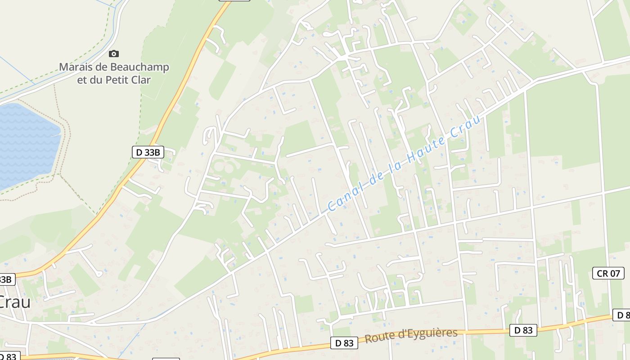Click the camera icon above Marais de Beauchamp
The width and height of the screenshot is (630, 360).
pos(114,54)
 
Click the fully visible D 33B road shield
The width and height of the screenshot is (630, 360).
pos(148,152)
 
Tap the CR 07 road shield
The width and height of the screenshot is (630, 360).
pos(608,273)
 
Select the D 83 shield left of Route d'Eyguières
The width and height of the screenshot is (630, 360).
pos(344,343)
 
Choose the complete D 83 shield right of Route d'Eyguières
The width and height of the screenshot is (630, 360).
pos(523,330)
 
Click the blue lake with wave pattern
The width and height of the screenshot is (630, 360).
pos(27,144)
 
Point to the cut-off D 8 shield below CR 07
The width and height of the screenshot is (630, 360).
pos(621,315)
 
